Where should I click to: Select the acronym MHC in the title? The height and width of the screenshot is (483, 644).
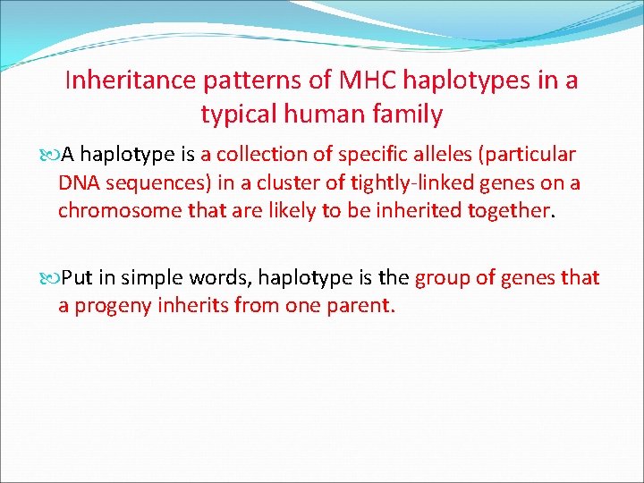click(368, 80)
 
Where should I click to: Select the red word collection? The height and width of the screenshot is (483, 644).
click(262, 154)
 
